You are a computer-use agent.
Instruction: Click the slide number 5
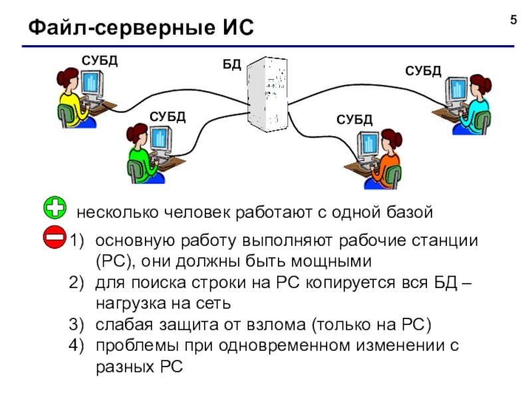point(513,20)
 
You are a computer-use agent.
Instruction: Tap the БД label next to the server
point(231,64)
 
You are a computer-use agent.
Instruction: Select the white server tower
point(267,94)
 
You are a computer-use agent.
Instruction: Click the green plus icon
point(55,207)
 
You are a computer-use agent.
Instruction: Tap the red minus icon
point(55,237)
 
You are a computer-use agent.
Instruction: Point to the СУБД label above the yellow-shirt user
point(99,61)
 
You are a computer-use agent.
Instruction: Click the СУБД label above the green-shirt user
point(168,117)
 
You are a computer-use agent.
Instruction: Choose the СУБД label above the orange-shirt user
point(354,120)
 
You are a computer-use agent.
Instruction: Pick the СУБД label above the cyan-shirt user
point(423,71)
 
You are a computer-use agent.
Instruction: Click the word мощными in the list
point(331,261)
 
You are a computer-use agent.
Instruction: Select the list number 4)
point(76,346)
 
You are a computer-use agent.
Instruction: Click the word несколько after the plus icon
point(118,212)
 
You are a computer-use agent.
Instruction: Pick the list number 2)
point(76,283)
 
